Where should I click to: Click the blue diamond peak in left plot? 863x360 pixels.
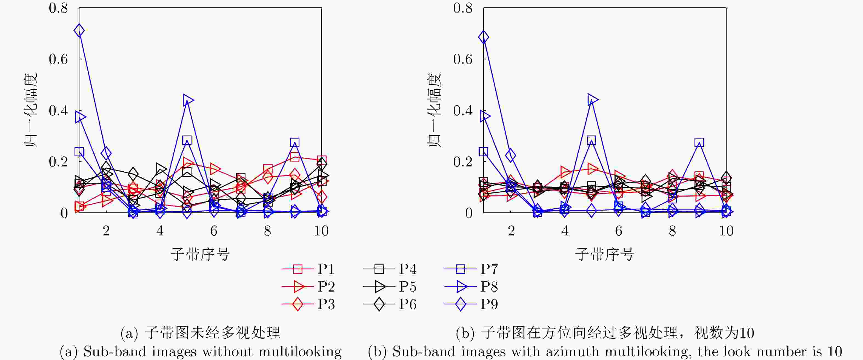pos(79,30)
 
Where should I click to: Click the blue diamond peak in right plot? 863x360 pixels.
pos(484,37)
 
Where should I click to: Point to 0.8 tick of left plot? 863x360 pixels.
pos(58,8)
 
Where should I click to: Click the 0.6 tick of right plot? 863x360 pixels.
pos(463,59)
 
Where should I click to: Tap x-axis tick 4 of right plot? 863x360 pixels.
pos(565,231)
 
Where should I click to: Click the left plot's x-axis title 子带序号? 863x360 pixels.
pos(200,254)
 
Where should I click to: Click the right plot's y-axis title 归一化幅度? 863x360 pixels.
pos(434,111)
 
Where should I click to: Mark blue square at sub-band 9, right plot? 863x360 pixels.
pos(699,142)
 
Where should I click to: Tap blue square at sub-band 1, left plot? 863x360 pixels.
pos(79,152)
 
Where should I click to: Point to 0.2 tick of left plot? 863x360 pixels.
pos(58,162)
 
